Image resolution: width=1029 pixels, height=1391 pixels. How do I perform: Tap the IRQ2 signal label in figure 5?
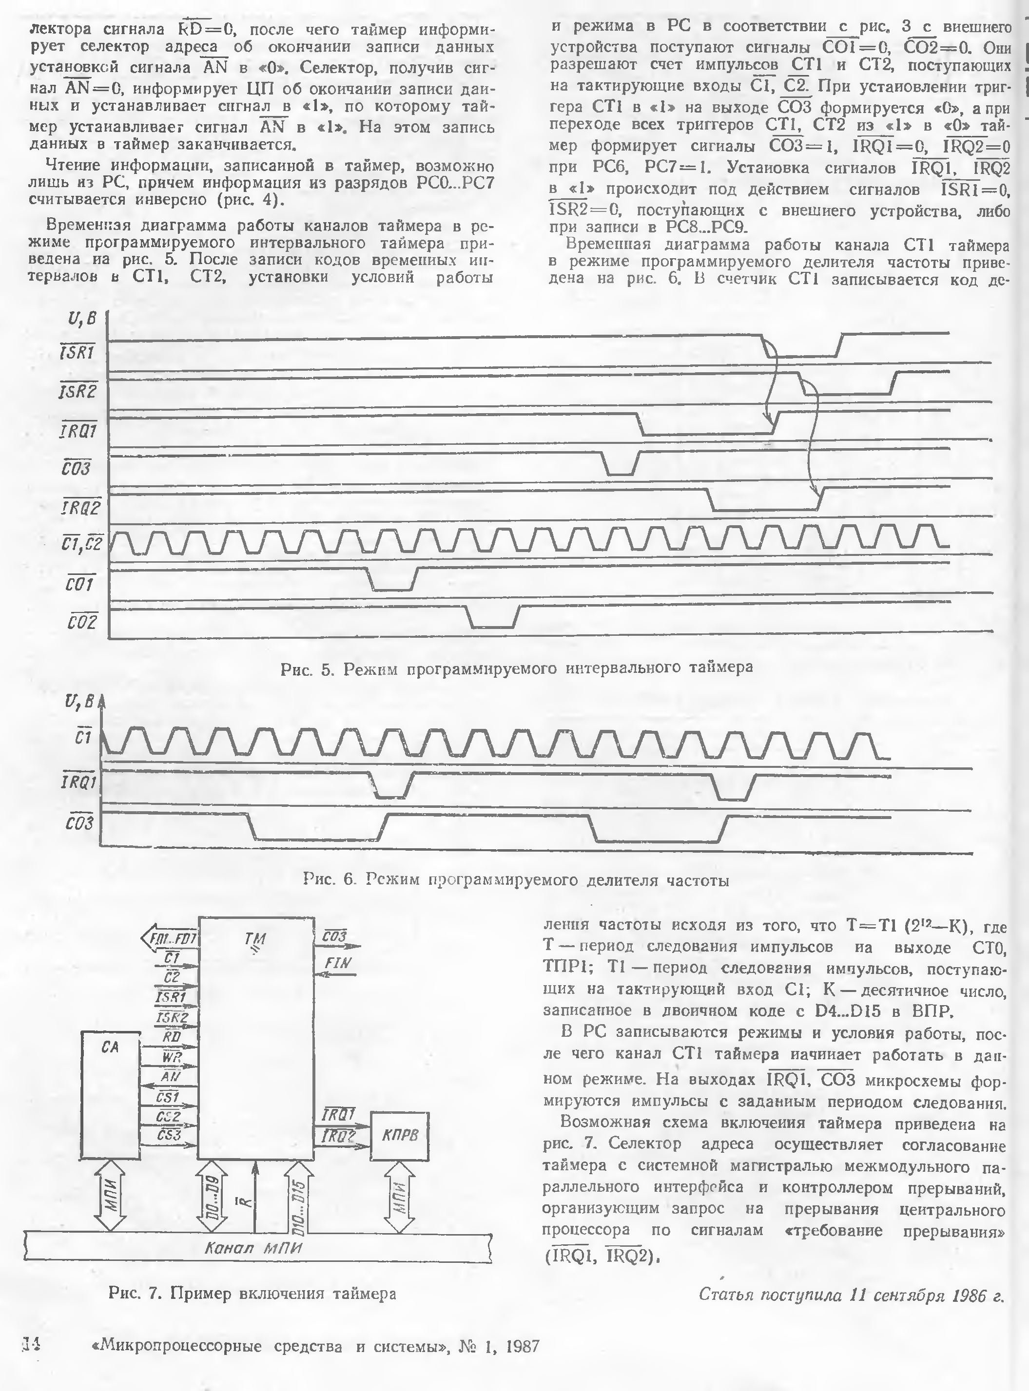(x=81, y=508)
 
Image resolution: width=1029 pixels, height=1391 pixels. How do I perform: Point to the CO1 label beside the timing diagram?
(x=80, y=584)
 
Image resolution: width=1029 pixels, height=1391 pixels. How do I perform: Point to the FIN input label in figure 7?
(x=338, y=963)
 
